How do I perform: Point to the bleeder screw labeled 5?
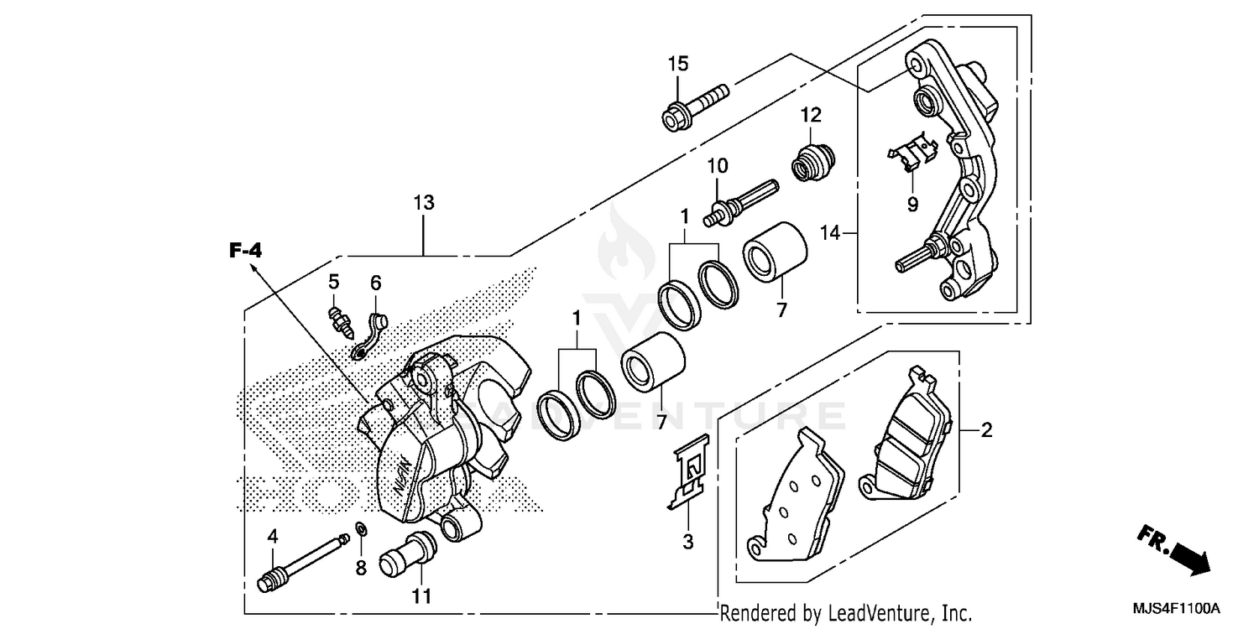(339, 320)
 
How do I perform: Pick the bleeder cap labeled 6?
(369, 332)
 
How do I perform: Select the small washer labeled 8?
(360, 530)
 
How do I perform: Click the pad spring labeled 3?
(691, 472)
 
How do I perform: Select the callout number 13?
(424, 203)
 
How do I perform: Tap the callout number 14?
(830, 234)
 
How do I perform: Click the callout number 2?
(986, 431)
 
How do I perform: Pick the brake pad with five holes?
(793, 499)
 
